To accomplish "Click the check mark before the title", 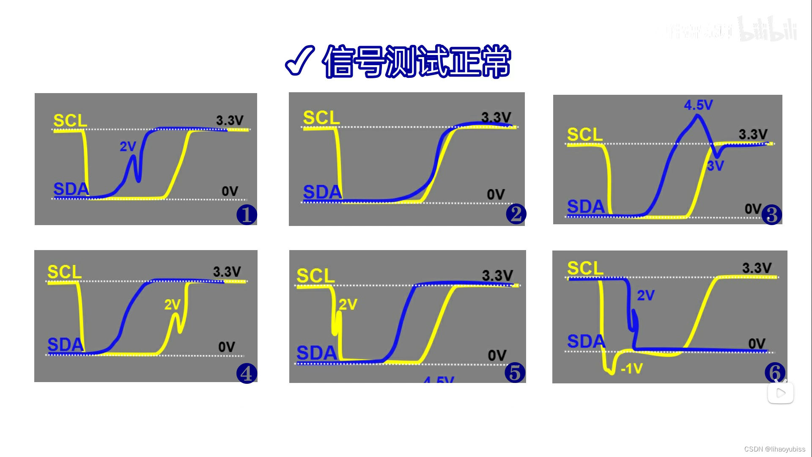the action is coord(299,61).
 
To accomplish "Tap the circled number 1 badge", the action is coord(247,215).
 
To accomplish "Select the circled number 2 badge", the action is coord(516,214).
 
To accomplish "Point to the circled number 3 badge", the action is coord(771,215).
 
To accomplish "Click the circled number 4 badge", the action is coord(247,373).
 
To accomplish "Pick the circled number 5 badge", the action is coord(515,372).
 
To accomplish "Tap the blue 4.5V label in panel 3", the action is coord(698,105).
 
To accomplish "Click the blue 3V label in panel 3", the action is coord(715,166).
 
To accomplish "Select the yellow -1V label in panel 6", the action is coord(631,369).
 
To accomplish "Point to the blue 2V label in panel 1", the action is coord(128,146).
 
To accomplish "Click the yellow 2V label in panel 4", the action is coord(173,304).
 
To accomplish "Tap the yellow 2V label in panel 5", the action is coord(348,304).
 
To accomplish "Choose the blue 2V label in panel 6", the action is coord(645,295).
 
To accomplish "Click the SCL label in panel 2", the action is coord(321,118).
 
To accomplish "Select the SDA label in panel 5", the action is coord(316,353).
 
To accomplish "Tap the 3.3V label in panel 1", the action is coord(230,120).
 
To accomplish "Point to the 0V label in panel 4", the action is coord(227,347).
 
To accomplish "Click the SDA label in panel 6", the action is coord(586,341).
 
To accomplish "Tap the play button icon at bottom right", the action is coord(781,393).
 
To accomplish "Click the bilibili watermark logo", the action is coord(768,30).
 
